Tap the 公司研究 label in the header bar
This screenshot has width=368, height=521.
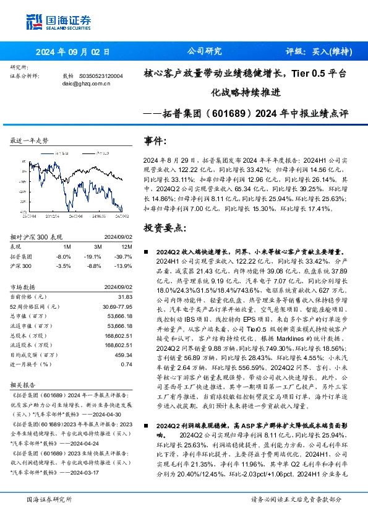click(x=204, y=52)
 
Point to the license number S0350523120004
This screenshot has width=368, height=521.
click(x=101, y=75)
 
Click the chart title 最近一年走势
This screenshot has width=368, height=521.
click(x=29, y=141)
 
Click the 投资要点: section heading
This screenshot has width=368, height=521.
click(x=165, y=228)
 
